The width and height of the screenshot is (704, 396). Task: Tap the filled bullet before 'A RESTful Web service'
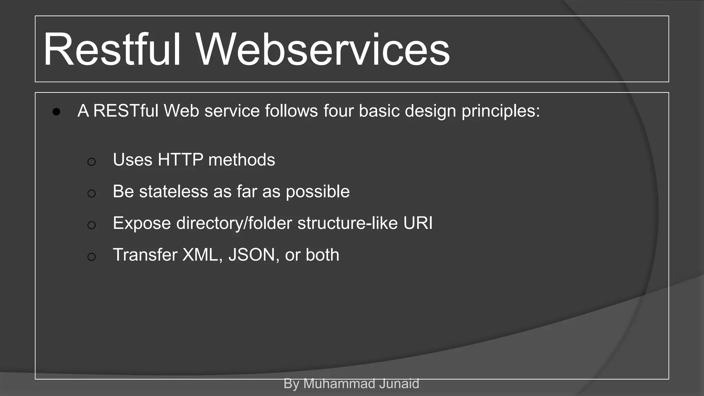pos(57,112)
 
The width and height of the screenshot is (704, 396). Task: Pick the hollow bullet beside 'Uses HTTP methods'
pos(91,162)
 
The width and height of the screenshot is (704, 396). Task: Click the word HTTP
pos(180,160)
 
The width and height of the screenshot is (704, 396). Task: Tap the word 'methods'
pos(241,160)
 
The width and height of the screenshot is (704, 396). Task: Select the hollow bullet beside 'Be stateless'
pos(91,194)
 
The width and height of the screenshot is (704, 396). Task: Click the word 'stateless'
pos(173,191)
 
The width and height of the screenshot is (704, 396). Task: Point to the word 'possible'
pos(318,192)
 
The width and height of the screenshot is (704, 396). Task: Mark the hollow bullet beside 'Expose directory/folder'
pos(91,225)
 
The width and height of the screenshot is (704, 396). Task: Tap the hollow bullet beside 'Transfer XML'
pos(91,257)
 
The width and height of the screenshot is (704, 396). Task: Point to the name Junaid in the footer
pos(399,384)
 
